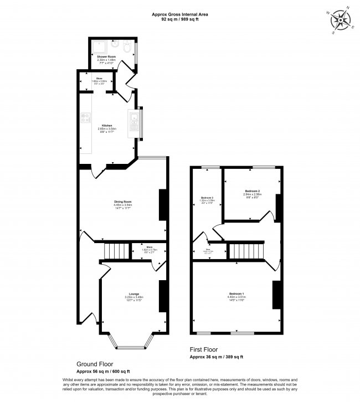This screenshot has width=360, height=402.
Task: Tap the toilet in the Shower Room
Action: pyautogui.click(x=127, y=48)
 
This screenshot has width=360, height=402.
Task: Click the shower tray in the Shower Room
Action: pyautogui.click(x=100, y=47)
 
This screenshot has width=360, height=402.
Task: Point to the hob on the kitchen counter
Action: pyautogui.click(x=86, y=117)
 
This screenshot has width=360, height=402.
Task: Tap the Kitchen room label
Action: pyautogui.click(x=107, y=125)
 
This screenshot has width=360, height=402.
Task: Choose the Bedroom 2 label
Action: pyautogui.click(x=251, y=192)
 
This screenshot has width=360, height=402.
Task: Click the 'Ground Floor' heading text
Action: pyautogui.click(x=92, y=365)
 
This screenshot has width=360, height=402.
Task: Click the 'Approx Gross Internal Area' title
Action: pyautogui.click(x=181, y=14)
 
